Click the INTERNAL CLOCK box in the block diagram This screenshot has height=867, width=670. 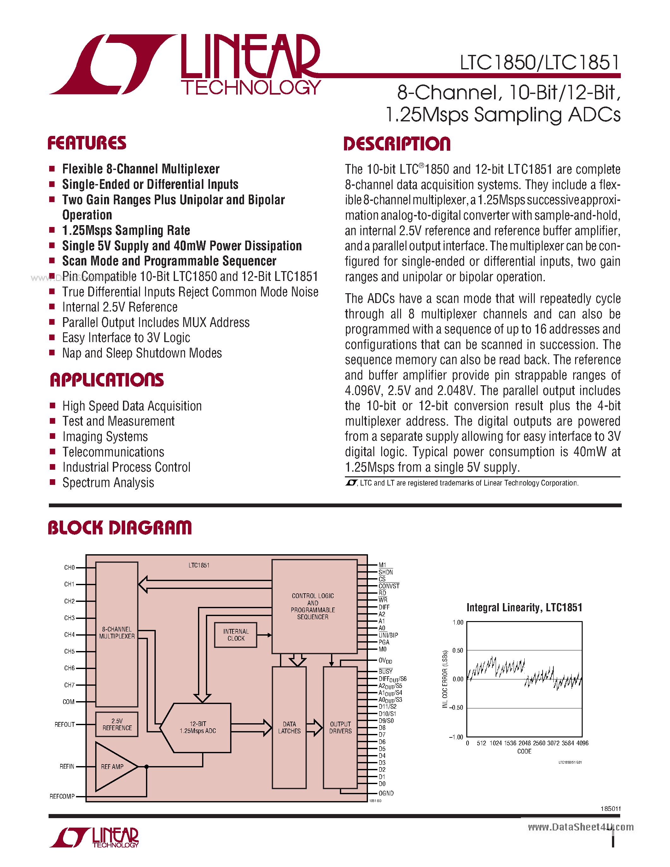click(x=236, y=635)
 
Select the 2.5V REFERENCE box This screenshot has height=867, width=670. click(x=117, y=724)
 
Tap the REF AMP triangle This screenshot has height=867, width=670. click(x=113, y=766)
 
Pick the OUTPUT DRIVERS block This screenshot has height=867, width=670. click(x=340, y=727)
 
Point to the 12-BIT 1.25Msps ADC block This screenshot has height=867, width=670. click(x=198, y=727)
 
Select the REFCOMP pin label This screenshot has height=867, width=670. click(x=62, y=796)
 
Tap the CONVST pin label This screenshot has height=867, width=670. click(x=388, y=586)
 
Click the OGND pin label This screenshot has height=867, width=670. click(x=386, y=793)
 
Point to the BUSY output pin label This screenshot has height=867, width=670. click(x=385, y=671)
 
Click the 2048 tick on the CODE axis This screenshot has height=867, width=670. click(x=524, y=743)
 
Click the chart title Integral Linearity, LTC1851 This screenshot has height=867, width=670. click(x=524, y=608)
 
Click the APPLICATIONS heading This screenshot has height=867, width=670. click(x=107, y=380)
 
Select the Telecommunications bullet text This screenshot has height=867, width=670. click(x=113, y=452)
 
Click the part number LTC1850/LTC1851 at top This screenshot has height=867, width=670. click(x=539, y=63)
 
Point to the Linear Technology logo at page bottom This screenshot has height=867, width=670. click(x=94, y=838)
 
